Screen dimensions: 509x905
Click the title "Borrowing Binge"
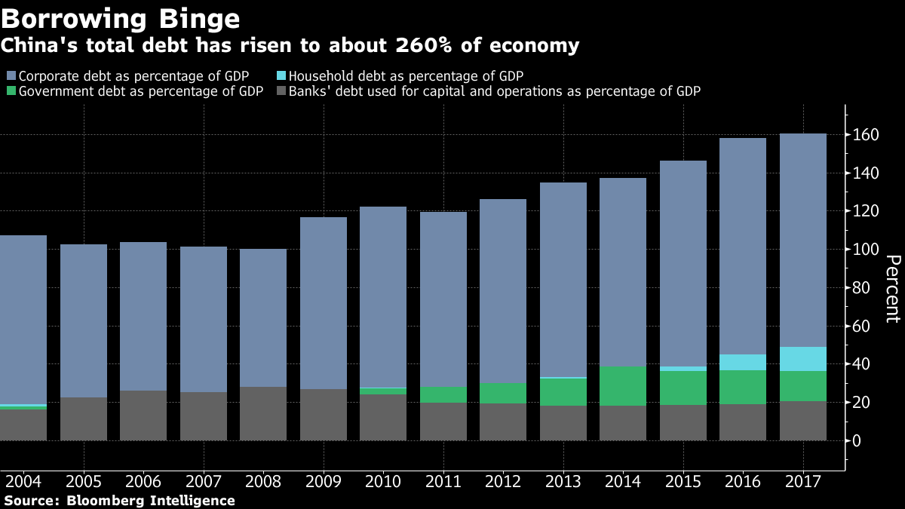tap(121, 18)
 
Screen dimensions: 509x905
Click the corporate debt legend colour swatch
tap(11, 76)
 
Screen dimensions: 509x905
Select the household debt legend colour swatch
tap(281, 76)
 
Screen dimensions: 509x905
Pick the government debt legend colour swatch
tap(11, 92)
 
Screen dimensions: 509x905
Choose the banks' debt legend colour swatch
tap(281, 92)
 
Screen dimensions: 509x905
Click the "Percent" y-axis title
tap(892, 289)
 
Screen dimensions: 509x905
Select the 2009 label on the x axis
tap(324, 482)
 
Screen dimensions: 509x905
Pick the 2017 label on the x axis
tap(802, 482)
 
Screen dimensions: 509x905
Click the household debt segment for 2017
tap(803, 359)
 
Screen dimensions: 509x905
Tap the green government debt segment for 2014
tap(623, 386)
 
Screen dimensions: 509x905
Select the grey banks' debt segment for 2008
tap(263, 413)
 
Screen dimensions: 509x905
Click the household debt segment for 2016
tap(743, 363)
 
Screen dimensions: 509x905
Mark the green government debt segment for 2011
tap(443, 395)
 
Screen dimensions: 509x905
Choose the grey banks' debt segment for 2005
tap(84, 419)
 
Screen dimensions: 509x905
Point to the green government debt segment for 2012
tap(503, 393)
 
